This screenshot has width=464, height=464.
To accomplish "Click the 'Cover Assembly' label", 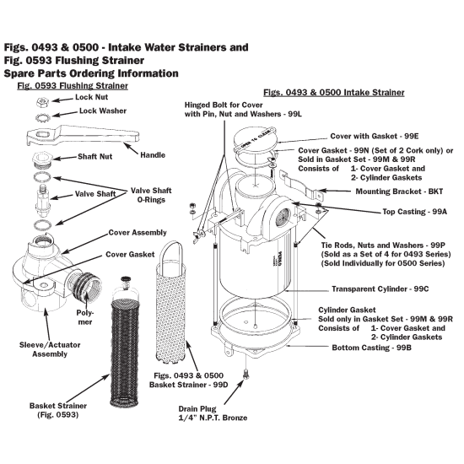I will coord(137,232).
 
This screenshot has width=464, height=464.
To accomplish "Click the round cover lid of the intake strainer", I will coord(251,137).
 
